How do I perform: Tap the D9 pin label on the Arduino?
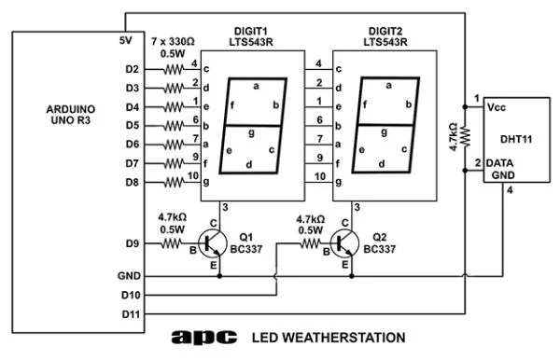point(131,245)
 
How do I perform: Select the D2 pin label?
point(131,69)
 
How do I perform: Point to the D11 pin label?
point(130,314)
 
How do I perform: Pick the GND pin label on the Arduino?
point(129,276)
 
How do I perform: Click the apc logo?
point(207,337)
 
